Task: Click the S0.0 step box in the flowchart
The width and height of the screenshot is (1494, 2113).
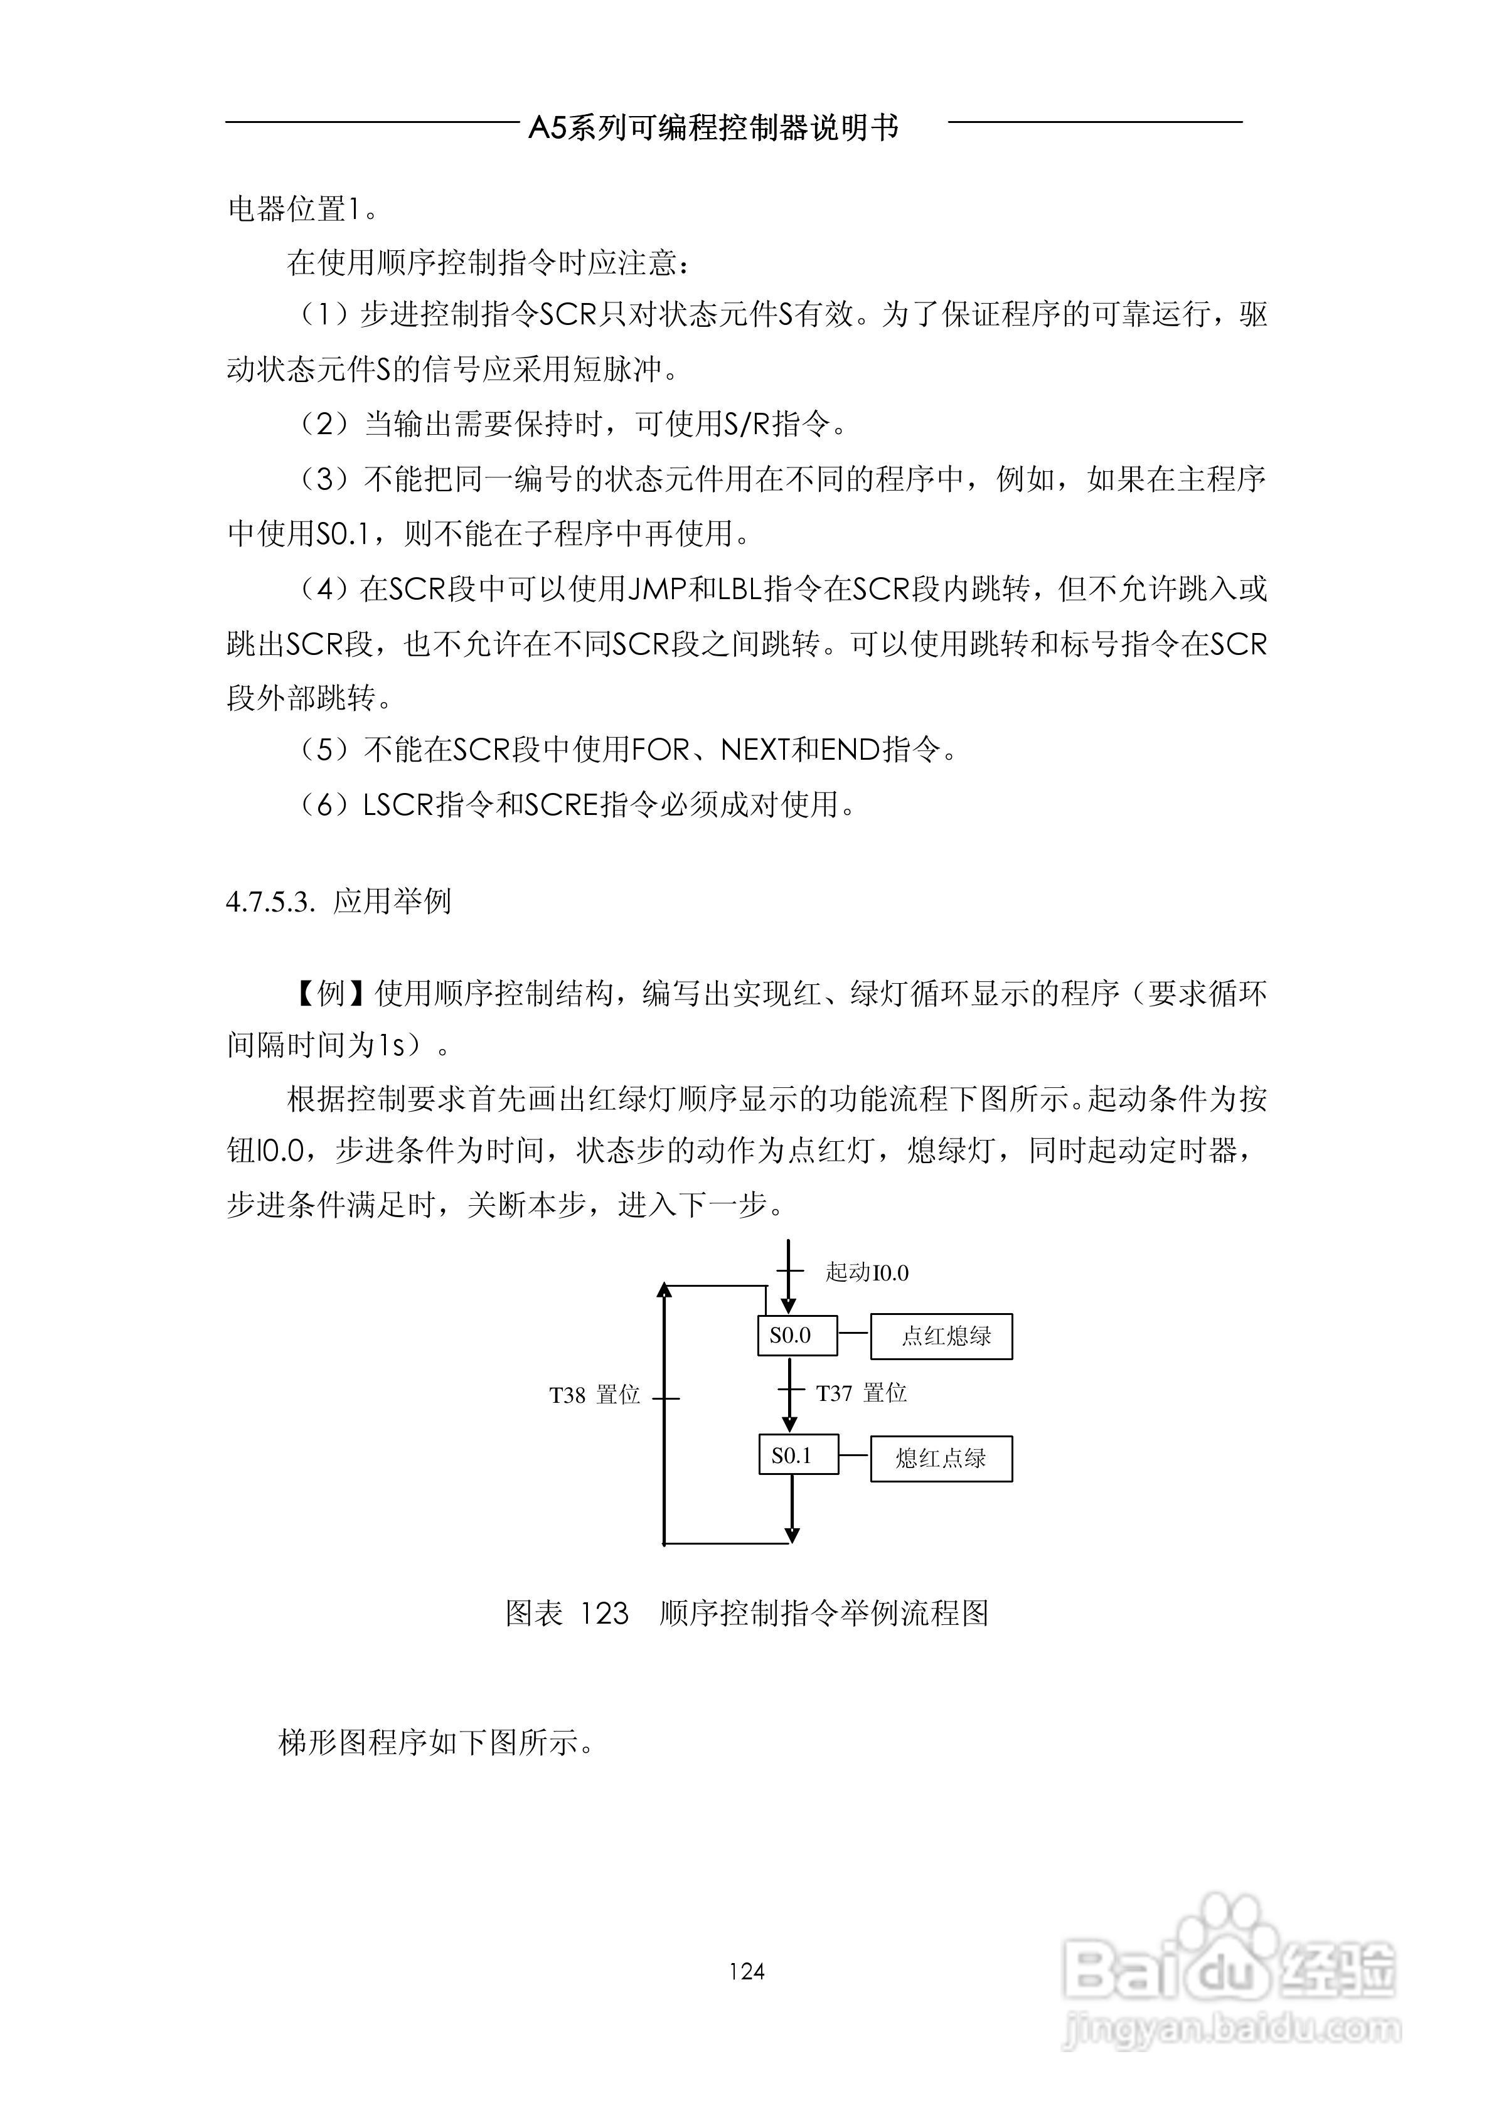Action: point(797,1335)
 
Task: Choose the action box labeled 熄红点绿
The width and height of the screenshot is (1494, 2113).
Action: point(941,1458)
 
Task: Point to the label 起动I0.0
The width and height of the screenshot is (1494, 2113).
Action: point(866,1273)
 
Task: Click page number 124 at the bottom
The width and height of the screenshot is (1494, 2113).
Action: point(747,1971)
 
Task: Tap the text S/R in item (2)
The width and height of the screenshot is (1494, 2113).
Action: point(747,424)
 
